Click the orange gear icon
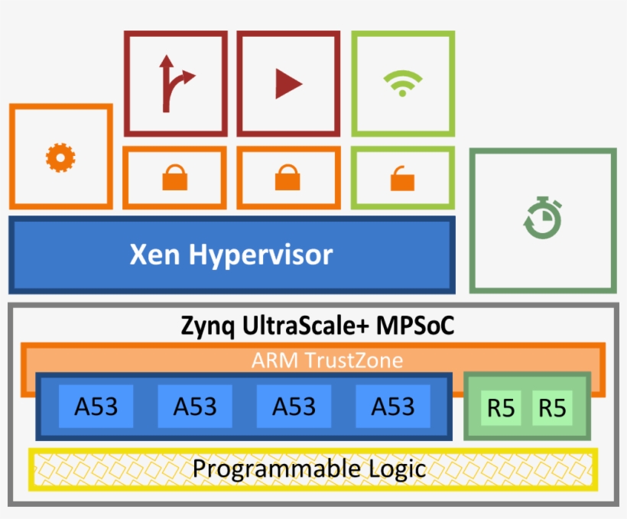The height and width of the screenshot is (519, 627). coord(60,157)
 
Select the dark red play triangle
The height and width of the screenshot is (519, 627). coord(288,83)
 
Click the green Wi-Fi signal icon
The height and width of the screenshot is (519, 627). coord(403,83)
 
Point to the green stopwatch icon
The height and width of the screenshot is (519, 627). coord(543,219)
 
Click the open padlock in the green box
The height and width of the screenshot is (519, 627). coord(403,180)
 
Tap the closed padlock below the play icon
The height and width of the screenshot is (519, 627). coord(288,179)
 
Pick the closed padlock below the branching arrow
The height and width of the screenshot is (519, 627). coord(174,179)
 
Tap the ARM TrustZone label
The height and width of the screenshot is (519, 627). coord(326,359)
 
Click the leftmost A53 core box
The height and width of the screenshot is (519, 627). coord(96,406)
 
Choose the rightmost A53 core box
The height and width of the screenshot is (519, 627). coord(393,406)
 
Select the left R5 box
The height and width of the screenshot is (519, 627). coord(501,408)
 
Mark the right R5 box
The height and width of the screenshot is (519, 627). coord(552,408)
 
